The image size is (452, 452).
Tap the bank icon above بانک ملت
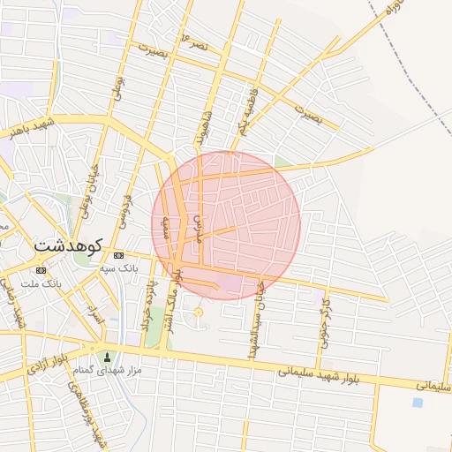point(41,269)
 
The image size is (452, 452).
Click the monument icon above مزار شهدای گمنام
point(108,358)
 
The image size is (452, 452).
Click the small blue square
point(417,403)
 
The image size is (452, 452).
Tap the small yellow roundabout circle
point(198,312)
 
